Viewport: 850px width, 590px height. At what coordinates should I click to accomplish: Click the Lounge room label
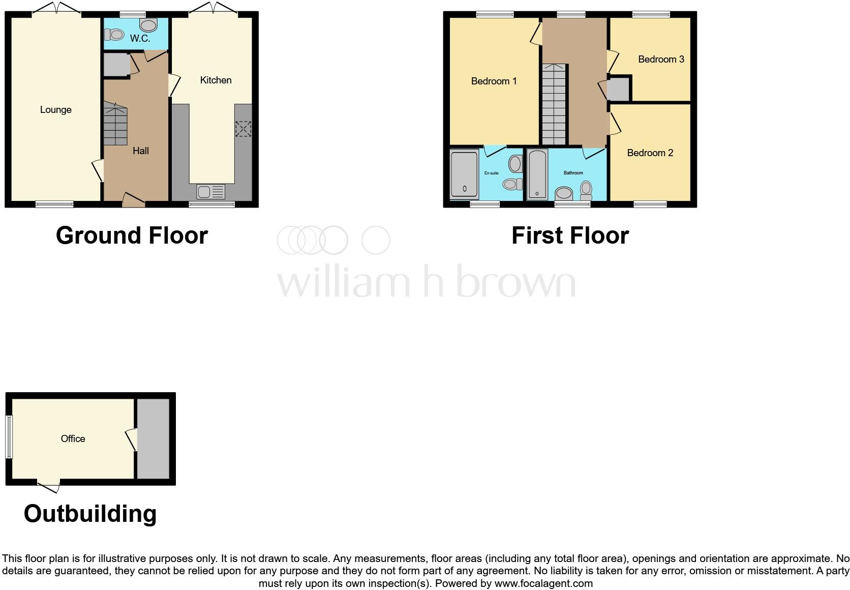pos(56,110)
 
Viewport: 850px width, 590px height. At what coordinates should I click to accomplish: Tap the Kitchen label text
pos(216,80)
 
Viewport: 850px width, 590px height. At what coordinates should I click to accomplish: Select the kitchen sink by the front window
pos(210,192)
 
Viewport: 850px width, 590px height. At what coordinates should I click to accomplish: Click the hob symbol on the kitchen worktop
pos(243,129)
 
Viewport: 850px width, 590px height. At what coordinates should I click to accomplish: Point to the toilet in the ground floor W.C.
pos(114,35)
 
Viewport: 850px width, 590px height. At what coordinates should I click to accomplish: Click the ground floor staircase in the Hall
pos(115,124)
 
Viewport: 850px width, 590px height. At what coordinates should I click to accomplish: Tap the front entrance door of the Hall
pos(133,200)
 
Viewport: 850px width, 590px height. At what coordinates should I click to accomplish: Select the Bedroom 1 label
pos(494,81)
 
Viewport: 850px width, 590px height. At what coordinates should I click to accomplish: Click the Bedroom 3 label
pos(661,59)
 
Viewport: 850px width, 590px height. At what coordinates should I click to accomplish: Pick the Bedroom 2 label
pos(650,153)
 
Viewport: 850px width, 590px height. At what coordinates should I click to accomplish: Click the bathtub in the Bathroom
pos(537,174)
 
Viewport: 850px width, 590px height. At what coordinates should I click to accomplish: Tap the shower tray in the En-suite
pos(464,173)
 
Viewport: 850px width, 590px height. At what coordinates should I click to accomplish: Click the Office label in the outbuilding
pos(73,438)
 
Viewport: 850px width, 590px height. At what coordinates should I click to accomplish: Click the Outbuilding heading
pos(90,514)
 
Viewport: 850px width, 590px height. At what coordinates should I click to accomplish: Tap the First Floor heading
pos(570,235)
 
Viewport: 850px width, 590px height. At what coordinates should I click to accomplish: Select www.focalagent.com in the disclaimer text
pos(543,583)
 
